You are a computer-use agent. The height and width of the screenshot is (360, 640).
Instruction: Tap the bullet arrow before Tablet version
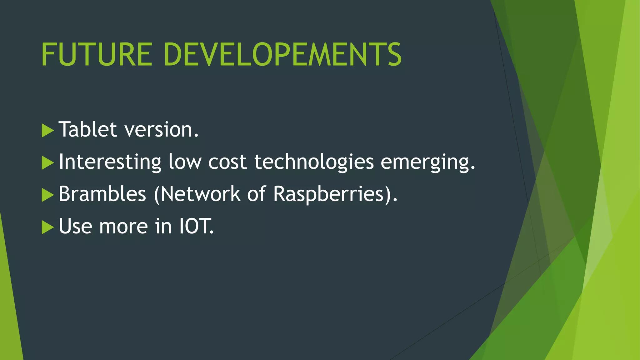(47, 130)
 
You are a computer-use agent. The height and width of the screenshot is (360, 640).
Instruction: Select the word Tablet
(88, 129)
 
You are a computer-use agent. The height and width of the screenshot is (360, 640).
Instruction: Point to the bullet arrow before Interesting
(47, 163)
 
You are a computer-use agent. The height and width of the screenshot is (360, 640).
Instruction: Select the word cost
(227, 162)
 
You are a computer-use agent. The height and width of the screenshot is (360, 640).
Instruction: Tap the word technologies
(314, 162)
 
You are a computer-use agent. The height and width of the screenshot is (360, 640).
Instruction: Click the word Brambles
(102, 194)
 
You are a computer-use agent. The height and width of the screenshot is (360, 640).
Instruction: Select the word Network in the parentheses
(200, 194)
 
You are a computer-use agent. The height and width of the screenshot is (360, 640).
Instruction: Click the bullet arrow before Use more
(47, 227)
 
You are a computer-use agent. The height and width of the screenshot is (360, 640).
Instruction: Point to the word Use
(75, 226)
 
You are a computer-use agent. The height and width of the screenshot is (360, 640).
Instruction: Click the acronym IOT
(196, 226)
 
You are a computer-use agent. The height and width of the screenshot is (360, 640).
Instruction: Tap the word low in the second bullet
(185, 162)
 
